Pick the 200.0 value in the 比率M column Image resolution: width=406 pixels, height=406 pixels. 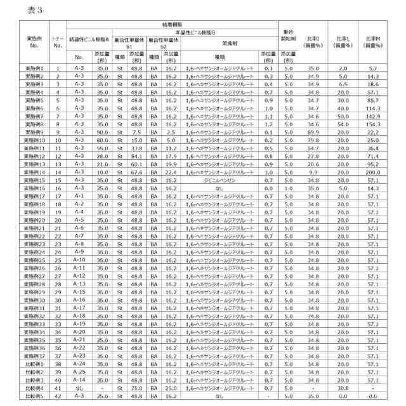point(373,172)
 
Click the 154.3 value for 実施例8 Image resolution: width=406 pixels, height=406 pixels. point(373,124)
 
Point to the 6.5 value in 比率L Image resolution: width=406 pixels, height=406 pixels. point(343,84)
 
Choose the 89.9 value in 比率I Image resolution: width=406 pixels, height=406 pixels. point(313,132)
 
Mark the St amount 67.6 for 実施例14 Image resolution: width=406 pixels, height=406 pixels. point(136,172)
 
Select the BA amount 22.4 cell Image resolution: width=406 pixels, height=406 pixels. point(171,172)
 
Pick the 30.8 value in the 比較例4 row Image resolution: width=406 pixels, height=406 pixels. point(343,388)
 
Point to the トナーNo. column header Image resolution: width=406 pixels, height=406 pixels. point(58,42)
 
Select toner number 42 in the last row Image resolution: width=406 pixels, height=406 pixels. point(58,396)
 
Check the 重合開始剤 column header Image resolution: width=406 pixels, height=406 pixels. point(288,35)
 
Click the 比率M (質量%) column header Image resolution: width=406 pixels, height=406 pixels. point(373,42)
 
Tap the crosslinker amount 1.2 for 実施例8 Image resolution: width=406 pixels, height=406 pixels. point(268,124)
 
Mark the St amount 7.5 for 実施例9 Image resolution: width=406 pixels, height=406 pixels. point(136,132)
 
